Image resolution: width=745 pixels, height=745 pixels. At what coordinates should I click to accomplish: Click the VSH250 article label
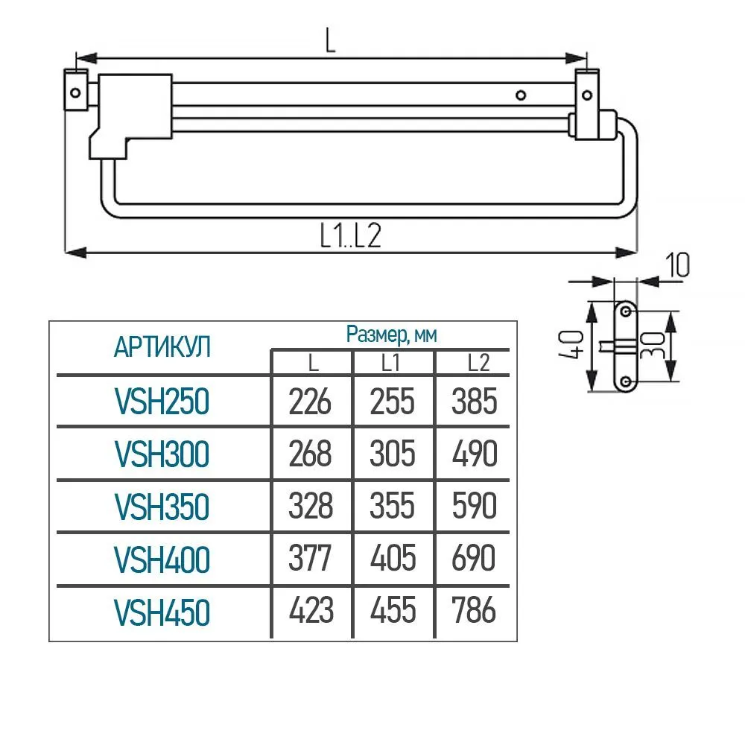pyautogui.click(x=162, y=402)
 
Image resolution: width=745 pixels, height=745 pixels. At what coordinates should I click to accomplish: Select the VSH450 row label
pyautogui.click(x=162, y=612)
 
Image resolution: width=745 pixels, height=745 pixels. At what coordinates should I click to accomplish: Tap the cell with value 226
pyautogui.click(x=310, y=402)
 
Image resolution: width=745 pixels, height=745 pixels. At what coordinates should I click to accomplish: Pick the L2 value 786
pyautogui.click(x=474, y=610)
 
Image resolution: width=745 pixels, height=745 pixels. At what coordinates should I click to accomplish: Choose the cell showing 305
pyautogui.click(x=393, y=453)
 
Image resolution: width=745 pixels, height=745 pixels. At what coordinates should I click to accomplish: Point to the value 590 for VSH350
pyautogui.click(x=474, y=506)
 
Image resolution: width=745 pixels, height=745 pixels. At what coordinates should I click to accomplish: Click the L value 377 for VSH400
pyautogui.click(x=309, y=558)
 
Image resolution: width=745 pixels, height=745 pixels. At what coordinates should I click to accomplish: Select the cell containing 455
pyautogui.click(x=393, y=610)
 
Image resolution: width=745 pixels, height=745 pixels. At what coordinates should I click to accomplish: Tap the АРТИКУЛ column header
pyautogui.click(x=162, y=347)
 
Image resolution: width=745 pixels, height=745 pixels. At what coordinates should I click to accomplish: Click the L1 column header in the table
pyautogui.click(x=390, y=363)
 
